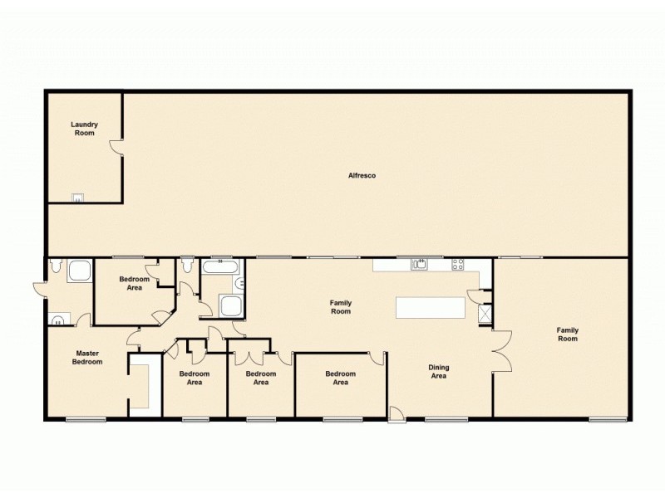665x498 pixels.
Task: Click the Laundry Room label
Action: point(84,129)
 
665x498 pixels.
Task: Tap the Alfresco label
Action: point(357,175)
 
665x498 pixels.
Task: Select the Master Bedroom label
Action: point(87,357)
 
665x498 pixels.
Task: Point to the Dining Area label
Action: point(438,371)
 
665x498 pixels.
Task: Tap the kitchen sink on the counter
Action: point(420,265)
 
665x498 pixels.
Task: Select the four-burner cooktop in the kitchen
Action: point(456,265)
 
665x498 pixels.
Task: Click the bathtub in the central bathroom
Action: point(222,267)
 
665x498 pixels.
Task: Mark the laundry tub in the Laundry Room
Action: point(77,198)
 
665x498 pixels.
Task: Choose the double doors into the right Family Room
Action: point(500,350)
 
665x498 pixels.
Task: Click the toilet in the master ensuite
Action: point(55,266)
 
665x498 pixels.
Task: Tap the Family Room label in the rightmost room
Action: point(567,334)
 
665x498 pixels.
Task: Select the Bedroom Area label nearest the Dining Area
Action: point(340,378)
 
